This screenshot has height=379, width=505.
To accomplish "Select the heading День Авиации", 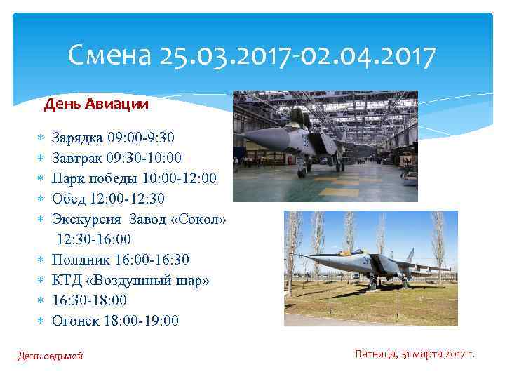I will [x=96, y=105].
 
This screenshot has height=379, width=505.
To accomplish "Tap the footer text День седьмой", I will [x=50, y=356].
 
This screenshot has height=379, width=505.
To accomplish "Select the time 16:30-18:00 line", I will [x=90, y=300].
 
